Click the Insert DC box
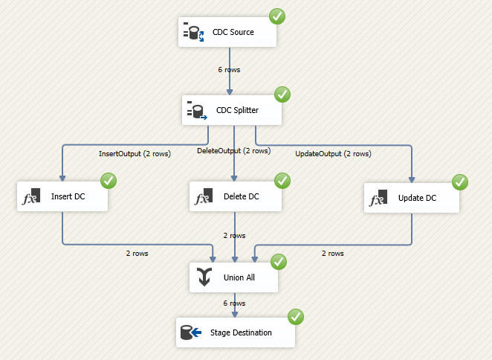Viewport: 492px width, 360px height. click(x=62, y=198)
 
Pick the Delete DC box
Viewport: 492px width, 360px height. click(x=235, y=198)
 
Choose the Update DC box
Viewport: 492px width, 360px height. click(x=411, y=199)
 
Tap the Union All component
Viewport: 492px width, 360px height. click(x=234, y=277)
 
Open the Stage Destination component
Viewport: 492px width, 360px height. click(x=235, y=332)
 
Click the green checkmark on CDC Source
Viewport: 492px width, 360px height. click(x=276, y=15)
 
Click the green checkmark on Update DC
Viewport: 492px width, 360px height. click(x=460, y=181)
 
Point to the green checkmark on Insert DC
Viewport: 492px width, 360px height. click(x=109, y=181)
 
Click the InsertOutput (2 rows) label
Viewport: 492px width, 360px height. click(x=134, y=155)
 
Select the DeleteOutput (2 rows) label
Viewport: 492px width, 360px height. click(x=233, y=150)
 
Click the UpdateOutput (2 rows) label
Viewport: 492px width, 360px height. click(x=333, y=154)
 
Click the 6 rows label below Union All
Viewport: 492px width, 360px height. click(x=234, y=304)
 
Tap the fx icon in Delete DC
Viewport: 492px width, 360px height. click(x=202, y=199)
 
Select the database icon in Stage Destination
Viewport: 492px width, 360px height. click(x=190, y=332)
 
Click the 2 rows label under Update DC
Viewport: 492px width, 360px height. click(x=332, y=253)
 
